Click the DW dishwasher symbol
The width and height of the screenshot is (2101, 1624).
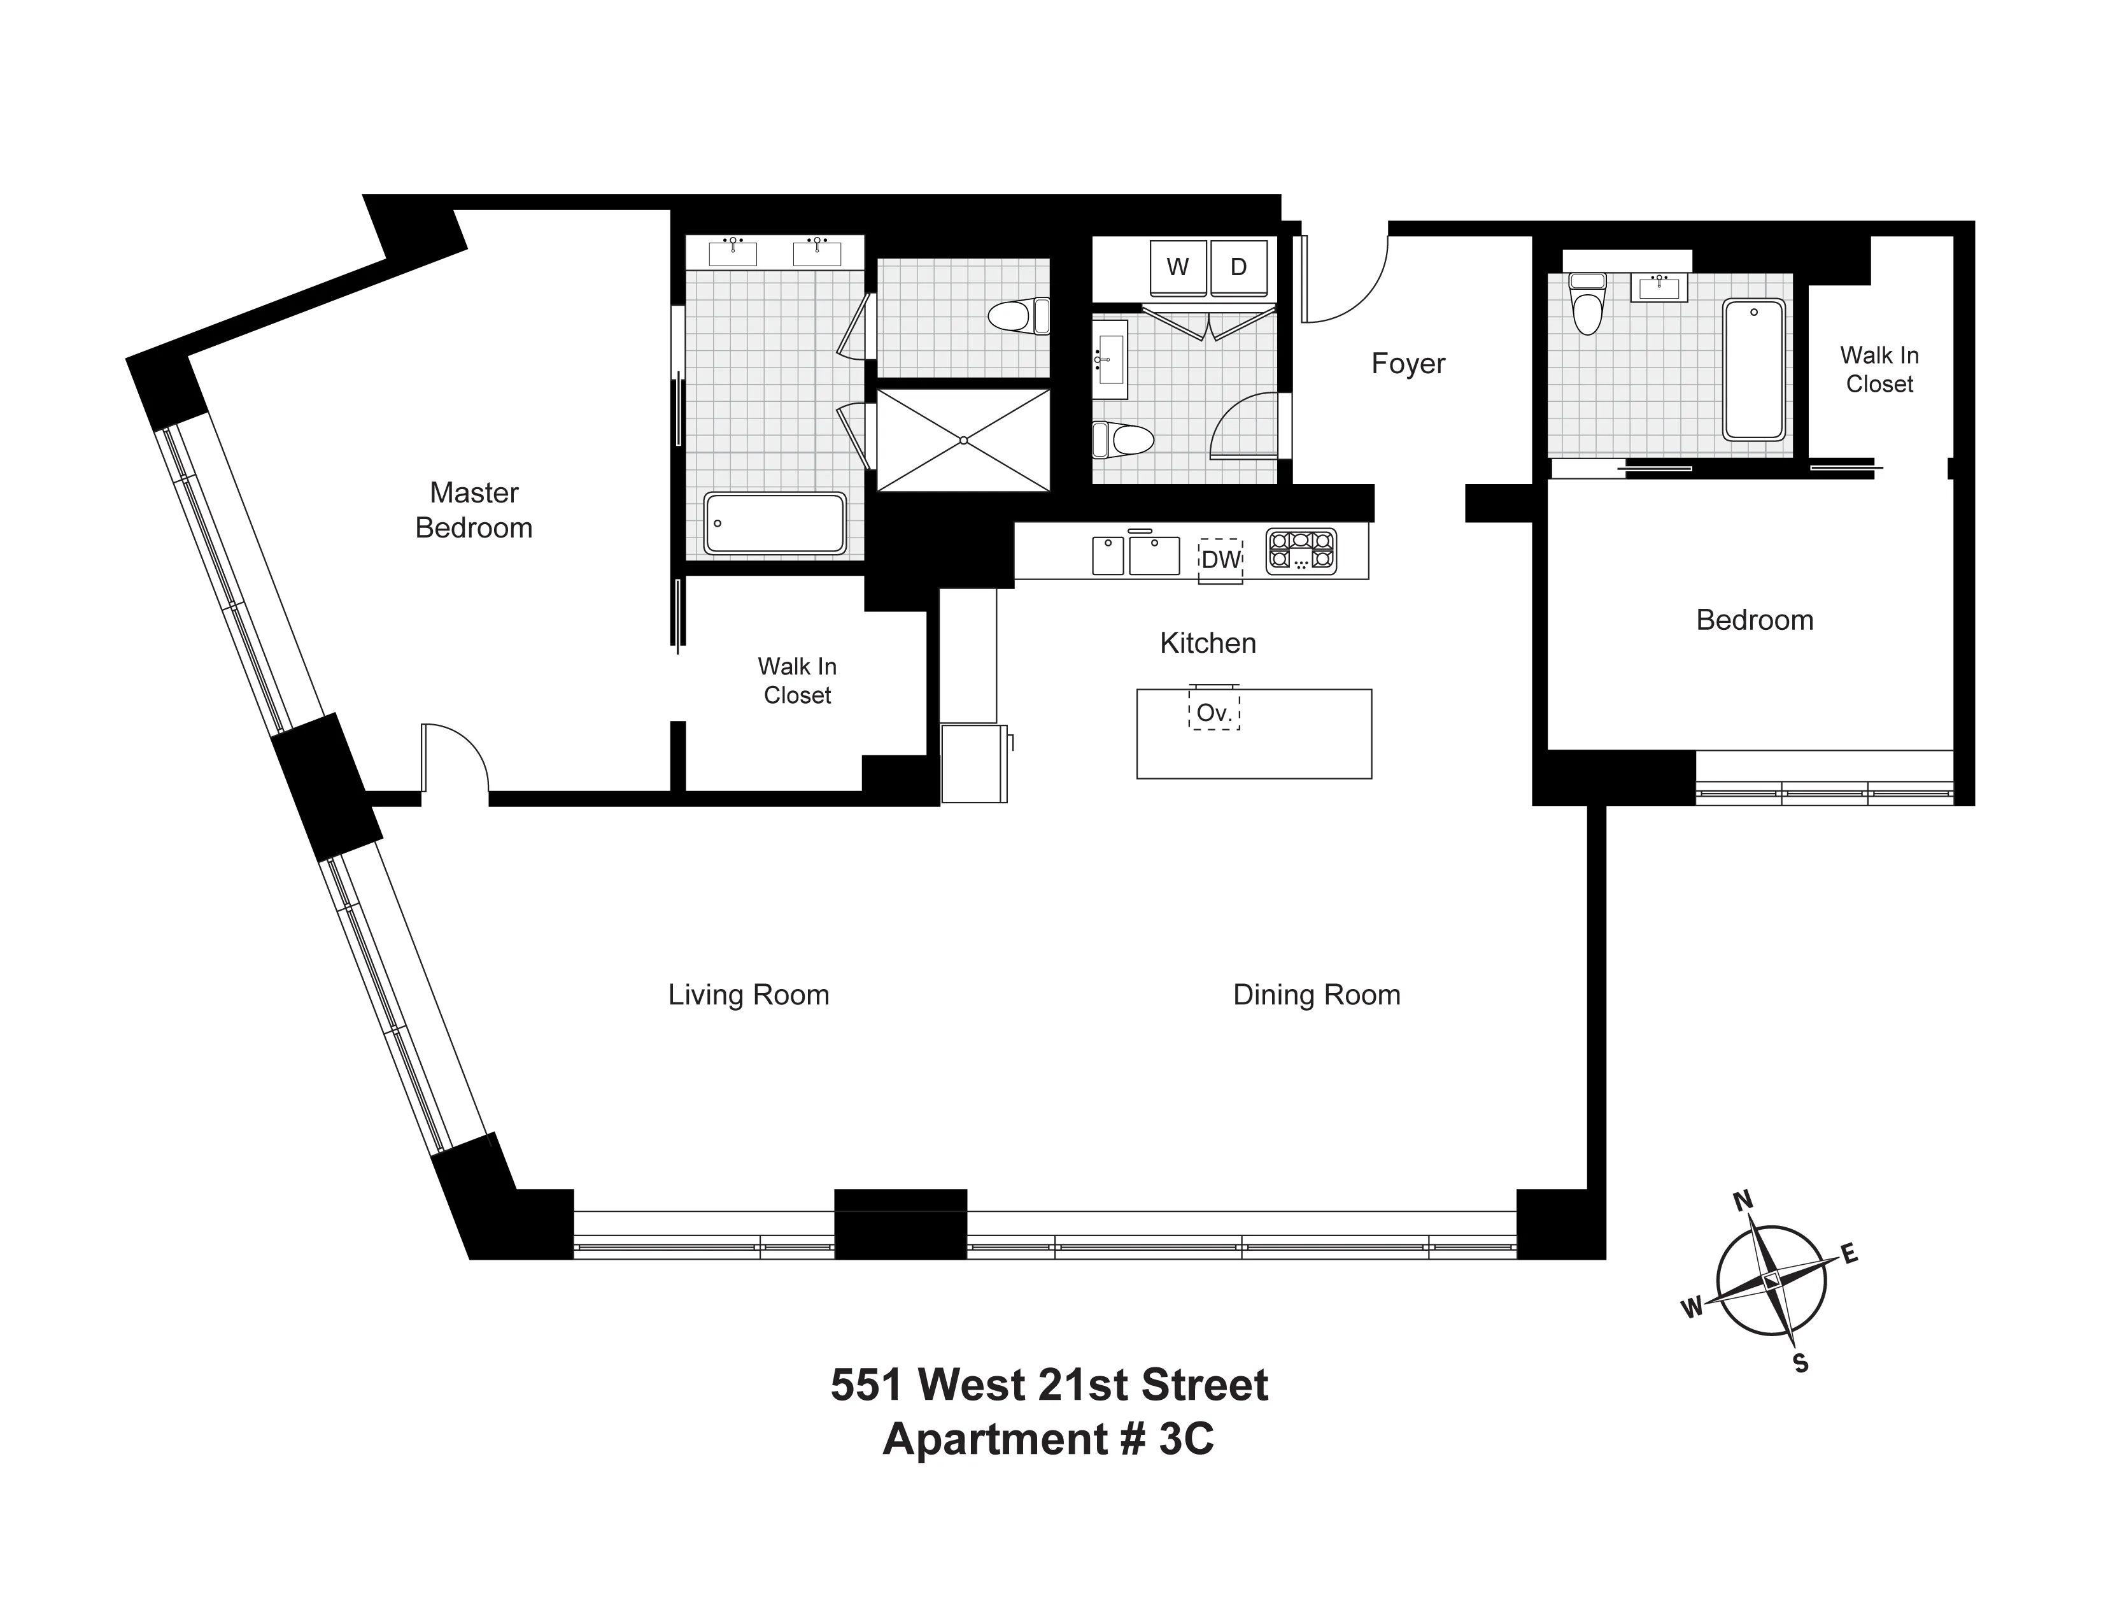click(x=1220, y=560)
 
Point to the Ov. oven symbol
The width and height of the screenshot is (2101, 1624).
click(x=1214, y=713)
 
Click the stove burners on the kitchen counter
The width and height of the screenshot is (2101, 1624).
click(x=1301, y=552)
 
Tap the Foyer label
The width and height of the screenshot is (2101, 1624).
click(x=1408, y=364)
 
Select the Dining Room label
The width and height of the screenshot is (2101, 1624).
click(x=1316, y=995)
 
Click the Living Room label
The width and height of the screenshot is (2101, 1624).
click(x=749, y=995)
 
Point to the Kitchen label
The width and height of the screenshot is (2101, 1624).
click(x=1207, y=643)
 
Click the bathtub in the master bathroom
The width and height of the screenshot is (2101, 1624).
click(x=774, y=524)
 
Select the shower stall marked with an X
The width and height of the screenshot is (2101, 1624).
click(x=963, y=439)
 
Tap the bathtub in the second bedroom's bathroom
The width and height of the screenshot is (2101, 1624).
click(x=1753, y=369)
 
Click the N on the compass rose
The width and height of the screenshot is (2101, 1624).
click(x=1742, y=1200)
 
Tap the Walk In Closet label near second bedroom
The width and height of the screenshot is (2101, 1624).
click(x=1879, y=369)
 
